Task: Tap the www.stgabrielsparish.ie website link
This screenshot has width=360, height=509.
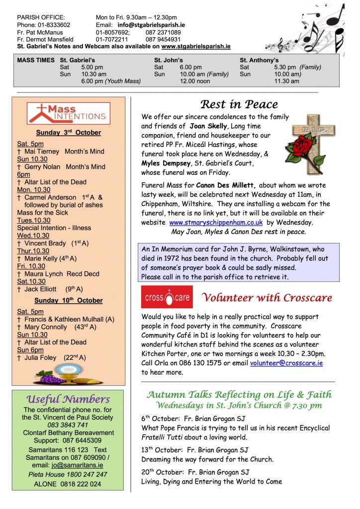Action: [196, 46]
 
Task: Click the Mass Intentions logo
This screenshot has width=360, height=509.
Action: [68, 114]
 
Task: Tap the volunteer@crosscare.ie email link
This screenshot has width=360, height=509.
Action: [286, 363]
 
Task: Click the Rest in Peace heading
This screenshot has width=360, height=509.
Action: [239, 105]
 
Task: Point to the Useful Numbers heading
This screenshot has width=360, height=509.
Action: [68, 399]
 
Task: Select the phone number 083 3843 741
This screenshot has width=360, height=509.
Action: [68, 425]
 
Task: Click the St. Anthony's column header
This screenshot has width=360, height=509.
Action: [259, 60]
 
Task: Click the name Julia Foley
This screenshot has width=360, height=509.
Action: [41, 357]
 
